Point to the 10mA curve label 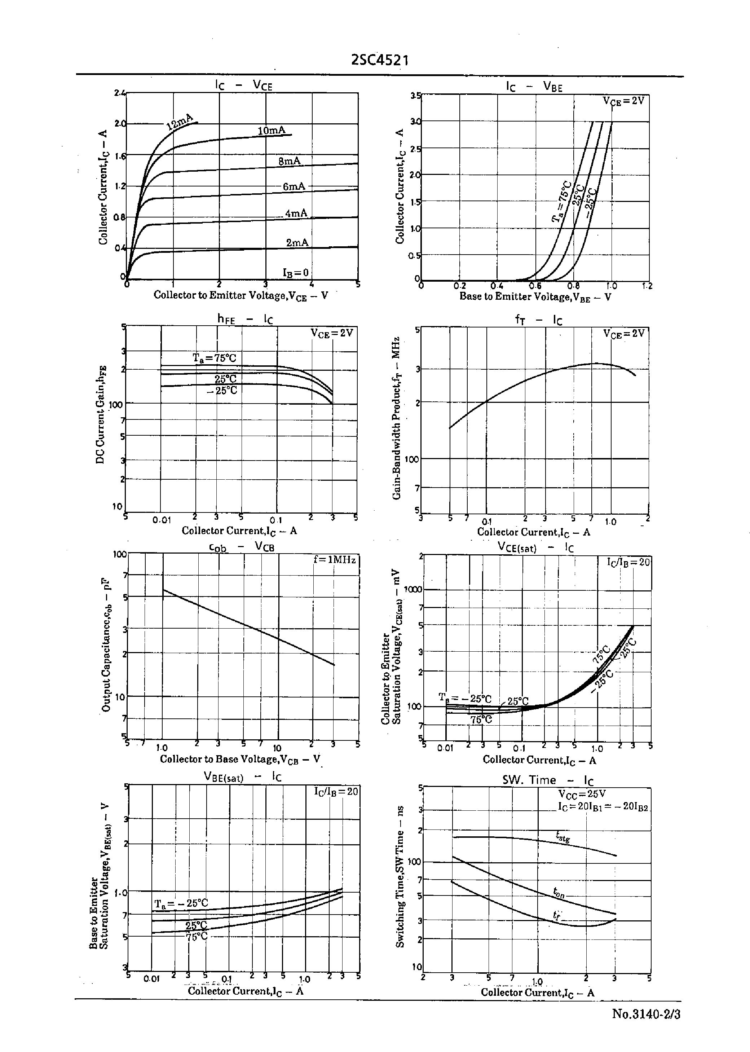coord(271,131)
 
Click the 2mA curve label coord(297,242)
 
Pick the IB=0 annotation coord(296,273)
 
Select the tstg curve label coord(563,836)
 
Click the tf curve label coord(557,915)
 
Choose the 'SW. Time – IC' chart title coord(548,780)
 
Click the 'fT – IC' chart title coord(538,320)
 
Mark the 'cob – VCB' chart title coord(242,547)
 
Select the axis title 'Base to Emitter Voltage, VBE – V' coord(535,296)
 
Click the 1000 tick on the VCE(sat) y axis coord(413,589)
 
